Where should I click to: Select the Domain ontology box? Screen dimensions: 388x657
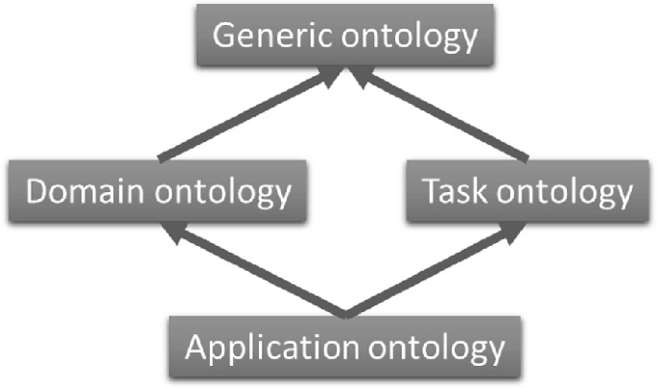click(159, 191)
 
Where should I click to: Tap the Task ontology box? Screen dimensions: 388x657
click(528, 191)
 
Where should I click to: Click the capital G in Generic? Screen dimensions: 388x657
click(224, 37)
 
